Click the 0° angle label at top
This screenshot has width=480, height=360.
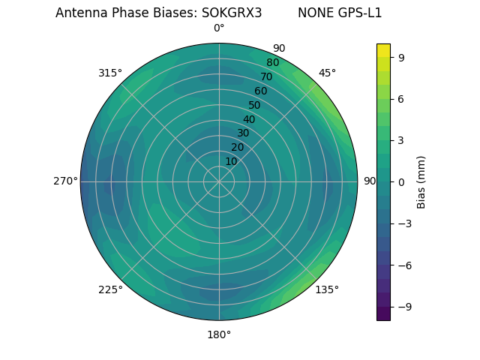(x=219, y=28)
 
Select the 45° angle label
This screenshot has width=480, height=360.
(x=327, y=73)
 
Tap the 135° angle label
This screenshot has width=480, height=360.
(x=327, y=289)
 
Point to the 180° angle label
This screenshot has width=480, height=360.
(x=219, y=334)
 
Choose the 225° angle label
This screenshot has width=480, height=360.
(x=110, y=289)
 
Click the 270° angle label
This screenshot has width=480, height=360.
(x=65, y=181)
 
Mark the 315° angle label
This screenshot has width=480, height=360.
(x=110, y=73)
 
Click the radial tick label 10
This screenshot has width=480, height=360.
(x=231, y=161)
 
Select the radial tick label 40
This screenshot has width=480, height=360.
(x=249, y=119)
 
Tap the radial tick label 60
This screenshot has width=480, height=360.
(x=260, y=91)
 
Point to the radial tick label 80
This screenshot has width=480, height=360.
(x=272, y=63)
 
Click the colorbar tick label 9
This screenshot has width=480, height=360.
(x=402, y=57)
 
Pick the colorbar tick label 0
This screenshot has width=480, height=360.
(x=402, y=181)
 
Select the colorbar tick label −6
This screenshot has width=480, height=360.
(x=402, y=265)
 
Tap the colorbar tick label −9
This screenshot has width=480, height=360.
(x=402, y=307)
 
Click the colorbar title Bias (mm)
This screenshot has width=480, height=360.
(x=421, y=181)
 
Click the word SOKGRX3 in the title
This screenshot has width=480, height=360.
(x=232, y=13)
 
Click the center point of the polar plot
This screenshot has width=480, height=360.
(x=219, y=181)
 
